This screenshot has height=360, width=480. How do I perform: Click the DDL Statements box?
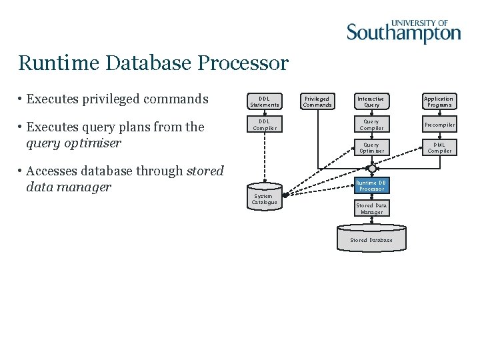tap(264, 101)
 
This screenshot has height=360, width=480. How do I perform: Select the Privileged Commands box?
tap(317, 101)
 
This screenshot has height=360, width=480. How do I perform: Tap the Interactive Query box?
tap(371, 101)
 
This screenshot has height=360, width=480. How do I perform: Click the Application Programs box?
tap(439, 101)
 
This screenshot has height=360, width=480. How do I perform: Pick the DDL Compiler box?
tap(264, 125)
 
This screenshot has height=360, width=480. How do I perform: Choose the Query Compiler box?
tap(371, 125)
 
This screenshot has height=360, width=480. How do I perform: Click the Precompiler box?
tap(439, 125)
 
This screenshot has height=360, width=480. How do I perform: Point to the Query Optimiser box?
tap(371, 147)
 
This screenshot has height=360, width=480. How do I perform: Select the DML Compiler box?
tap(439, 147)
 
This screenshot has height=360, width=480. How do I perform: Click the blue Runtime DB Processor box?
tap(371, 185)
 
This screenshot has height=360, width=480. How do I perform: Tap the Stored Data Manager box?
tap(371, 209)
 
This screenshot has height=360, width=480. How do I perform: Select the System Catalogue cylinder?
tap(264, 198)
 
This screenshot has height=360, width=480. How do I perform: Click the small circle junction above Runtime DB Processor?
tap(372, 169)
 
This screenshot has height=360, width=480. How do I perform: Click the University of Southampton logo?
tap(403, 31)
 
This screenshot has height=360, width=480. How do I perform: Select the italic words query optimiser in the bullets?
tap(73, 143)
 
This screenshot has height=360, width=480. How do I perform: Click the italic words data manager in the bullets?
tap(68, 187)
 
